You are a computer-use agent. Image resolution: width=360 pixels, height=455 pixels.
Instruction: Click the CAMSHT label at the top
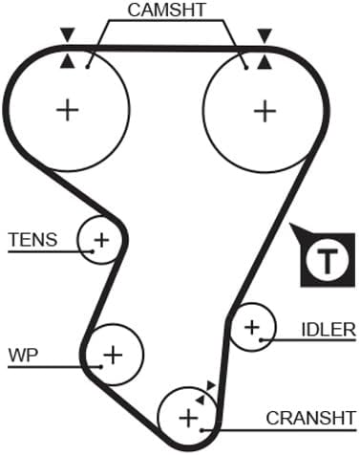[x=167, y=12]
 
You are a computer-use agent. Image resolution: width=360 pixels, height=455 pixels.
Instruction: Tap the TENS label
[x=32, y=239]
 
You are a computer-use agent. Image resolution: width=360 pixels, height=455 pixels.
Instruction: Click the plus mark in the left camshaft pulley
[x=68, y=109]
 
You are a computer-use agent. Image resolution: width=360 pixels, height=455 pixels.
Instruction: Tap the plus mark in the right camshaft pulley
[x=264, y=109]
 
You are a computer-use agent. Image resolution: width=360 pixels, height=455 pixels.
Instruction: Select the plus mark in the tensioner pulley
[x=100, y=238]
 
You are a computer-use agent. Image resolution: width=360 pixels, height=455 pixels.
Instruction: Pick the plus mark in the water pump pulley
[x=114, y=356]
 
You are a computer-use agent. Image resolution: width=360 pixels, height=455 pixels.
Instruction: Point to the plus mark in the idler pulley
[x=252, y=328]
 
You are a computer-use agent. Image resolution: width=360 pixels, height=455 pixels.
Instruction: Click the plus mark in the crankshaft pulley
[x=188, y=417]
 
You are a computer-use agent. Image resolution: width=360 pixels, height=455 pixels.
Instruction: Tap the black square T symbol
[x=326, y=259]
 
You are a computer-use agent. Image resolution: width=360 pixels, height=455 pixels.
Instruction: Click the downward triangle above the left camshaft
[x=66, y=35]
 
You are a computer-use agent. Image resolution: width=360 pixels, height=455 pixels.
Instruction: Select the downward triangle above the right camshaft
[x=264, y=35]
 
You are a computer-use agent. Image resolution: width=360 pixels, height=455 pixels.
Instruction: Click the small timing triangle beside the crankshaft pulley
[x=210, y=385]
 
